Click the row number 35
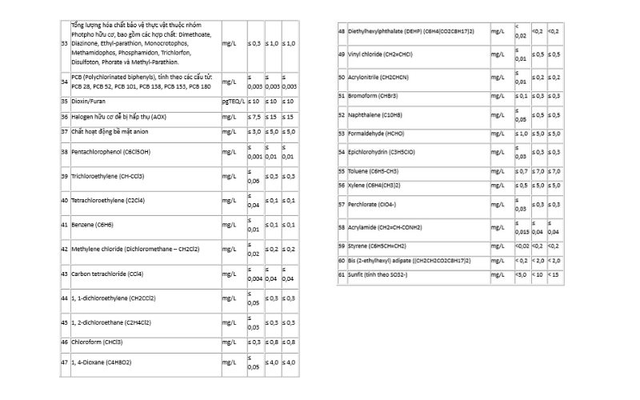(x=64, y=102)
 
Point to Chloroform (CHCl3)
(x=97, y=342)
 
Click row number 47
(x=64, y=362)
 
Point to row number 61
(x=342, y=275)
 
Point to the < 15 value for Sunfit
(x=554, y=275)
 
